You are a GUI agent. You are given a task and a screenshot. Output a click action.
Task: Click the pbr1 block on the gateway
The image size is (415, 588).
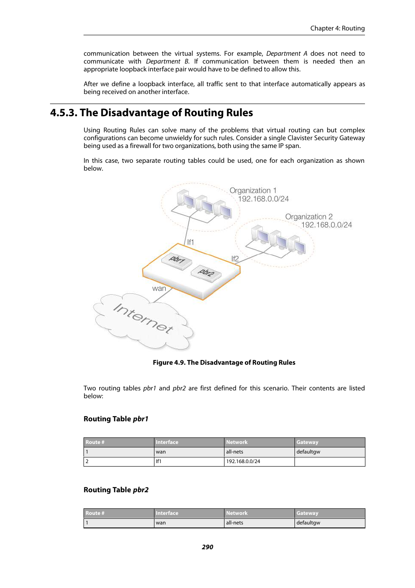[x=177, y=260]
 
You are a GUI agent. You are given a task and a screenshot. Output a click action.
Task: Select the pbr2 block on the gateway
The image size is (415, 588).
[x=206, y=273]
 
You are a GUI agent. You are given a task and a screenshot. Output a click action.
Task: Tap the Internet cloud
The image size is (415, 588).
[x=143, y=320]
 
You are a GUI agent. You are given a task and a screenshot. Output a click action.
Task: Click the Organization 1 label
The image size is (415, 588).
[x=253, y=191]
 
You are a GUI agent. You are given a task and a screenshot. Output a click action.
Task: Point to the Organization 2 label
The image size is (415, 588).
[x=309, y=217]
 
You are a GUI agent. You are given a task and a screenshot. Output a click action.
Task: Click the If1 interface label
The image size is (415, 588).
[x=191, y=242]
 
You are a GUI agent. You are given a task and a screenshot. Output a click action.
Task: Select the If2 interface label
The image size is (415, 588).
[x=235, y=259]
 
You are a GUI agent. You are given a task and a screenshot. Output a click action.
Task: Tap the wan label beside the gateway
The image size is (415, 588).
[x=159, y=289]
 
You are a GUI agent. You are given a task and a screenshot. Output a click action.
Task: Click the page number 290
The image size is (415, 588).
[x=207, y=547]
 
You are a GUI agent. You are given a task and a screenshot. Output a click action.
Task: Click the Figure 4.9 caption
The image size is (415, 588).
[x=224, y=363]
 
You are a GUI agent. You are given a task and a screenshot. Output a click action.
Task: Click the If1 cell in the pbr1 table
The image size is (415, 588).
[x=159, y=461]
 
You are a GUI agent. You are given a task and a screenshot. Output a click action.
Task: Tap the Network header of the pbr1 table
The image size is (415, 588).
[x=237, y=442]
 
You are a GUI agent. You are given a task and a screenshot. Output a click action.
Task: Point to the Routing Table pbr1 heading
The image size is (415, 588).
[x=116, y=419]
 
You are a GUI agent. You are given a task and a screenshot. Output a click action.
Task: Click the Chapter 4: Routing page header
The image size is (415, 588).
[x=337, y=28]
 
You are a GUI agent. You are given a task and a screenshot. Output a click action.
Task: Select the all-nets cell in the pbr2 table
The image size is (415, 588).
[x=234, y=523]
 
